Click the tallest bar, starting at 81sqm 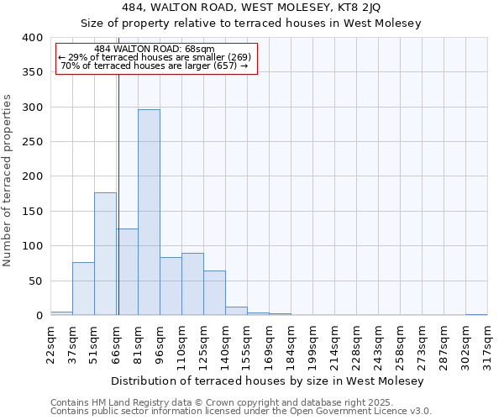149,213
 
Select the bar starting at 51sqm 105,254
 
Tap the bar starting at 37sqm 83,289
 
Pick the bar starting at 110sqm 192,284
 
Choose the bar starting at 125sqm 214,293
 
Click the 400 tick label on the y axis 32,38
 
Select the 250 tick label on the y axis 32,142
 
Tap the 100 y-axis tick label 32,246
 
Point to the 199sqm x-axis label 312,344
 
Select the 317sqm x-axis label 487,344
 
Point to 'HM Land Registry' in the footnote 129,402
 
